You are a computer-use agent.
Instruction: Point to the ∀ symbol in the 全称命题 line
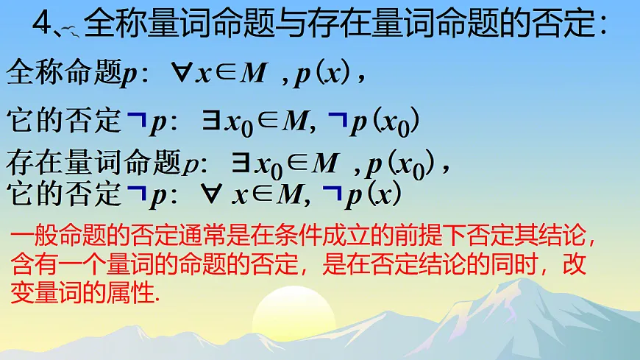181,74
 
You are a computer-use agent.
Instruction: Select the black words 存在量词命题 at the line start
93,163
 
